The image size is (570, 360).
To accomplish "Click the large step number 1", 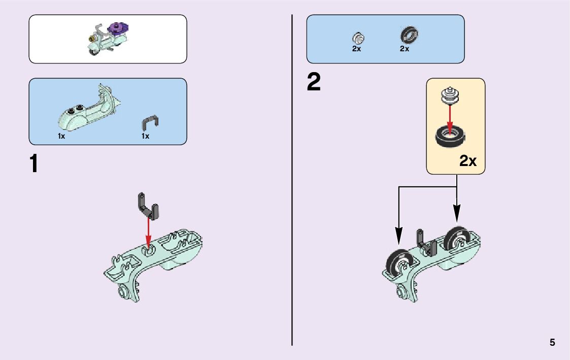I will coord(34,164).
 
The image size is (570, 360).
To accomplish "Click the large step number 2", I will coord(314,83).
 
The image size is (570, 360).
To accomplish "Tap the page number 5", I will coord(552,343).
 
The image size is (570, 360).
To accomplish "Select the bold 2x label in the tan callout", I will coord(468,161).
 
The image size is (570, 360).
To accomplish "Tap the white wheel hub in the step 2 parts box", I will coord(358,38).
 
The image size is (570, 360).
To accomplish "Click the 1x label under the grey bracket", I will coord(146,137).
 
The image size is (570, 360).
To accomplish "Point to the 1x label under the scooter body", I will coord(61,137).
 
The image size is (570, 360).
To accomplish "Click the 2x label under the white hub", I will coord(356,49).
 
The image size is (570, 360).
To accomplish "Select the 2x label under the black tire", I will coord(405,49).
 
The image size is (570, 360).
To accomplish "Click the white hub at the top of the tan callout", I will coord(449,95).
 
